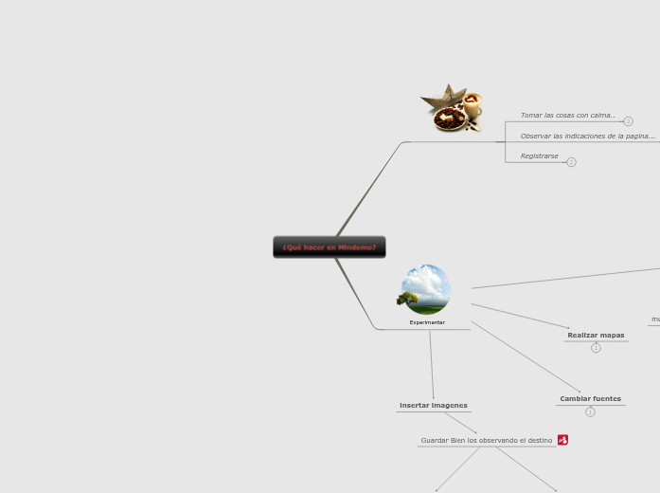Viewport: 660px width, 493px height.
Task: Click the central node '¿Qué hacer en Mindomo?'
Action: click(x=330, y=247)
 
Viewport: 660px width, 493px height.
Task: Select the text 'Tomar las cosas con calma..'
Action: click(x=567, y=116)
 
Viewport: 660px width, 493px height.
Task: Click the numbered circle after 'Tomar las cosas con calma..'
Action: click(x=628, y=121)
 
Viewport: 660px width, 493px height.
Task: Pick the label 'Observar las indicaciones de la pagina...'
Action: click(x=587, y=137)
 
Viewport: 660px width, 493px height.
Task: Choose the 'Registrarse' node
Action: click(x=539, y=156)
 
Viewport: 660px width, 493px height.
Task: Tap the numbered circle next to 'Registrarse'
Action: click(x=571, y=162)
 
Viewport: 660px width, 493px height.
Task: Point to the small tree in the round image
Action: click(x=408, y=300)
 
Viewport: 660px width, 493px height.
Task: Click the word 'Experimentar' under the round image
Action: click(x=427, y=322)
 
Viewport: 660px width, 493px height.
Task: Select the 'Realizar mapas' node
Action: click(x=596, y=335)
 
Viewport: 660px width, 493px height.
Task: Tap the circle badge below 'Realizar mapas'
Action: click(x=596, y=348)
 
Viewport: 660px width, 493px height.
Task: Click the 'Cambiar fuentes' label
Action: click(x=590, y=399)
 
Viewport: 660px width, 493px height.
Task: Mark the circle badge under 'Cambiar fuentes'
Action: click(x=590, y=412)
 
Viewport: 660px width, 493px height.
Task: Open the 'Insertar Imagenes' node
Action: click(x=433, y=406)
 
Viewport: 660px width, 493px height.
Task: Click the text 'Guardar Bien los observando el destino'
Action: click(x=486, y=440)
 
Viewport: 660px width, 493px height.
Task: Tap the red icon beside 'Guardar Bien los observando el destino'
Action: click(x=562, y=440)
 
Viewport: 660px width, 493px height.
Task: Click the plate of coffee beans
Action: click(x=451, y=120)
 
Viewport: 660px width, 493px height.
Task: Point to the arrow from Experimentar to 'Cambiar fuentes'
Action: click(x=526, y=356)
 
